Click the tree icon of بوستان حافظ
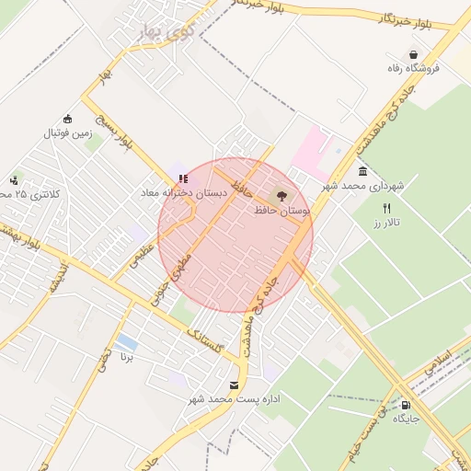(x=281, y=195)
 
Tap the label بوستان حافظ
(x=281, y=211)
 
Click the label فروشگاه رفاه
(x=417, y=68)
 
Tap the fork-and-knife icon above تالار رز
(x=386, y=208)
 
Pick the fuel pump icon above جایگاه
(x=406, y=404)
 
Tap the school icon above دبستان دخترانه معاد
(x=181, y=178)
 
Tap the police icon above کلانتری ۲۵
(x=14, y=180)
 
